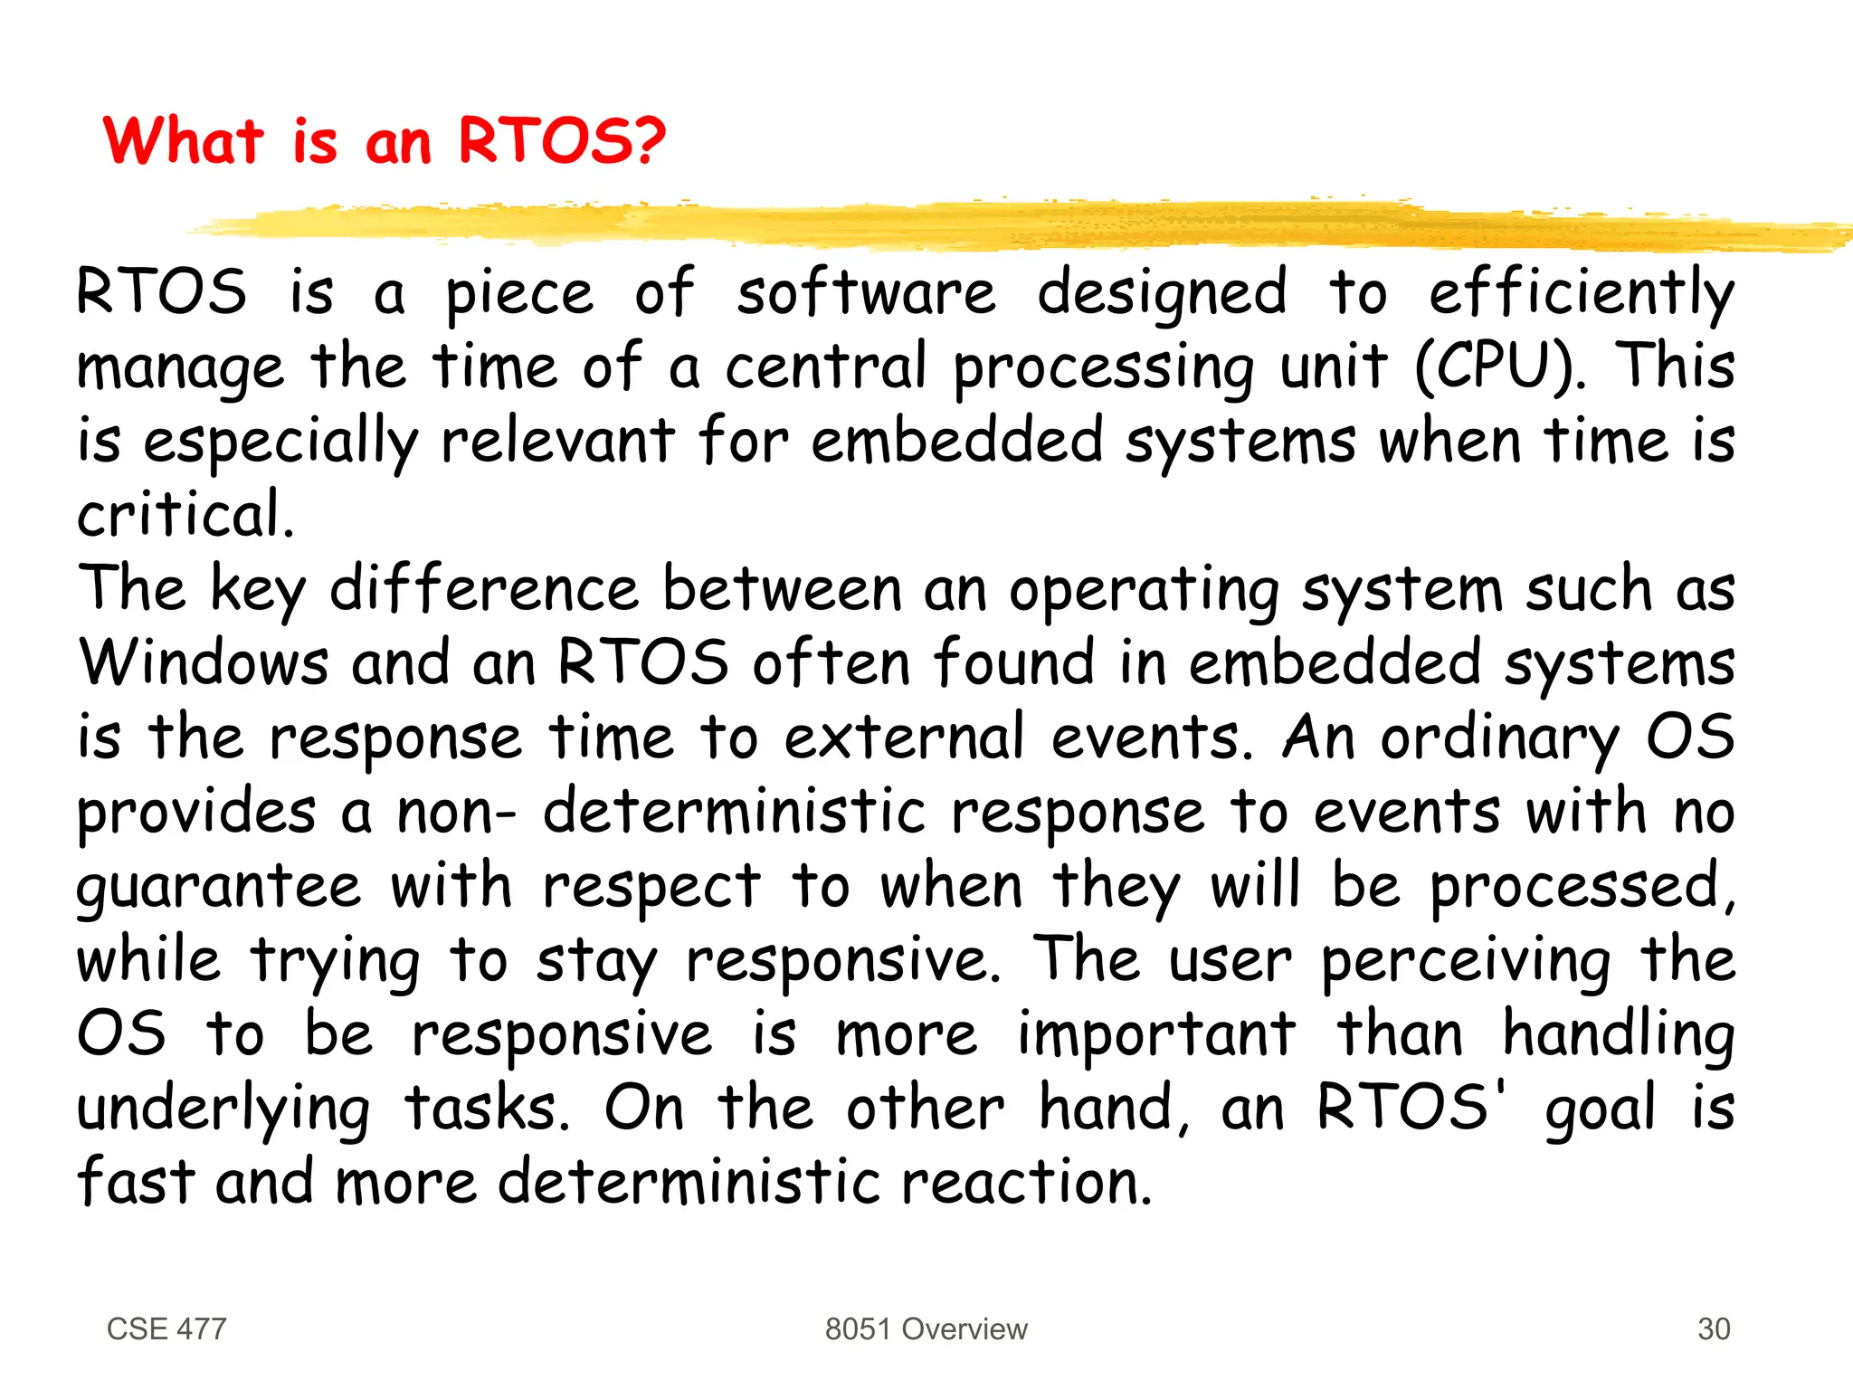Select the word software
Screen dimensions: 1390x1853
coord(866,294)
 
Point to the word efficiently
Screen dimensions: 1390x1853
coord(1582,294)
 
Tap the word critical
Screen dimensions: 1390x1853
coord(185,515)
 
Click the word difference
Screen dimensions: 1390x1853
coord(484,589)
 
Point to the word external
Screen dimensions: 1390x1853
coord(904,738)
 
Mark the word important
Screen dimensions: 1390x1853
coord(1156,1034)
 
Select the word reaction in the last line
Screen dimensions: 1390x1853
coord(1027,1183)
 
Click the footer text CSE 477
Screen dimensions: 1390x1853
coord(166,1329)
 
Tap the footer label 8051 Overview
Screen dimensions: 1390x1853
coord(926,1329)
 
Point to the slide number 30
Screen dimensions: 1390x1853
coord(1714,1329)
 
